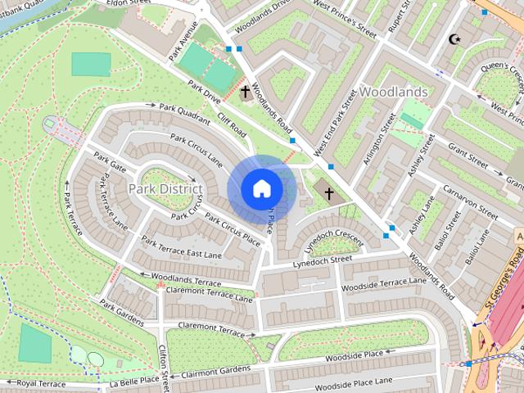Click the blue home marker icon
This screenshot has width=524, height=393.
pyautogui.click(x=261, y=189)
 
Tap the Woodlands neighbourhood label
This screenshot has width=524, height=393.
pyautogui.click(x=393, y=92)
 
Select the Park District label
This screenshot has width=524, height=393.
pyautogui.click(x=165, y=189)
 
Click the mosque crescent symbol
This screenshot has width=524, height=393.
pyautogui.click(x=454, y=38)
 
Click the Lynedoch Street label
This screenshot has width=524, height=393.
pyautogui.click(x=323, y=261)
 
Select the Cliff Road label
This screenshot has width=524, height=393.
pyautogui.click(x=232, y=125)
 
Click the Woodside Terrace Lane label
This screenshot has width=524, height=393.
pyautogui.click(x=384, y=284)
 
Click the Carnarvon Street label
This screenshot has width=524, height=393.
pyautogui.click(x=470, y=201)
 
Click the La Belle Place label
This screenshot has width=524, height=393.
pyautogui.click(x=134, y=381)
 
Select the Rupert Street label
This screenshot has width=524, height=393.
pyautogui.click(x=401, y=20)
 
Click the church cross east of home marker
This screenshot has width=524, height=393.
pyautogui.click(x=329, y=193)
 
